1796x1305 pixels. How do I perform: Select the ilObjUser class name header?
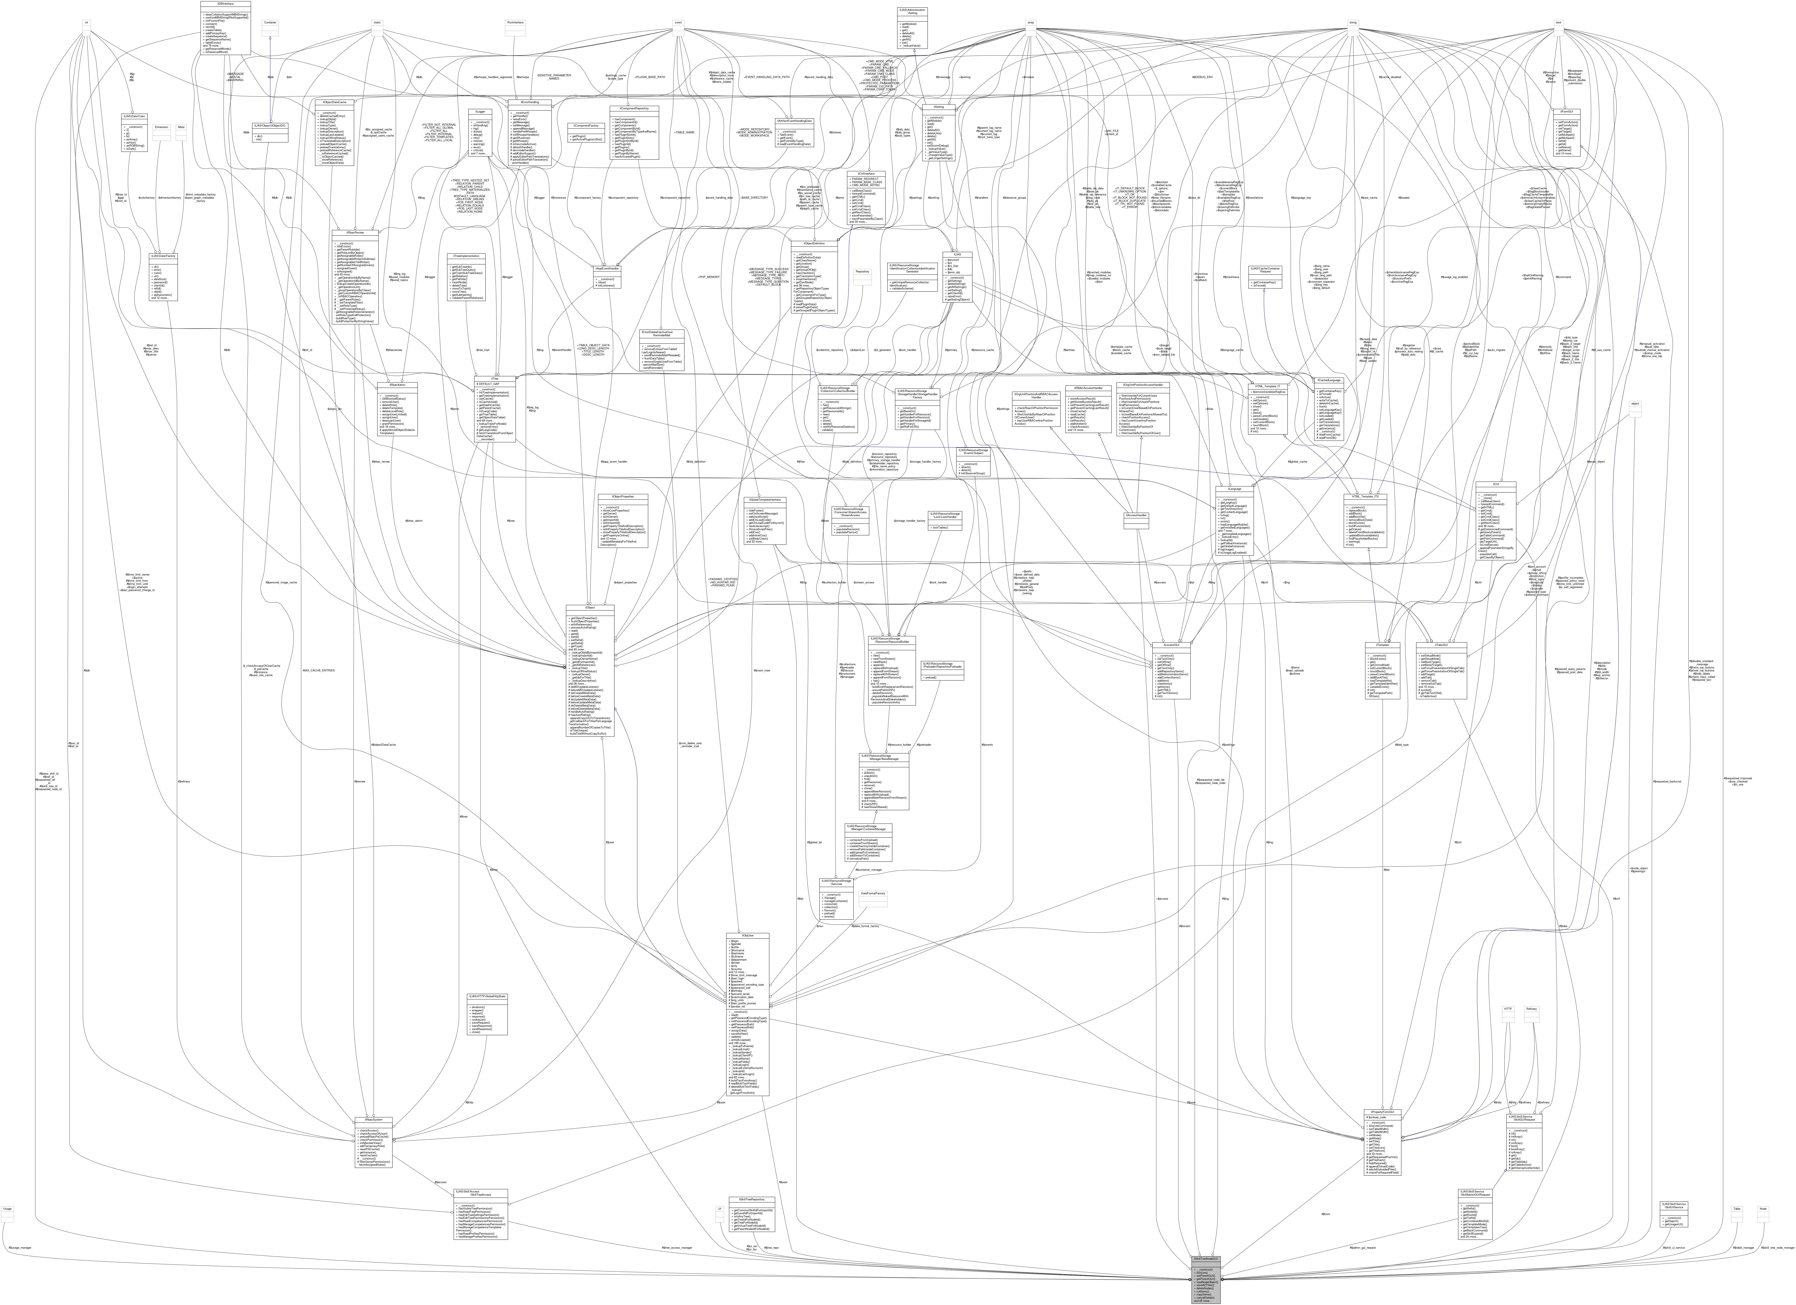point(746,936)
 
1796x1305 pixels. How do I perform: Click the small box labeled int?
point(85,22)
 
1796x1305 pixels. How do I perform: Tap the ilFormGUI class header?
point(1566,111)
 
